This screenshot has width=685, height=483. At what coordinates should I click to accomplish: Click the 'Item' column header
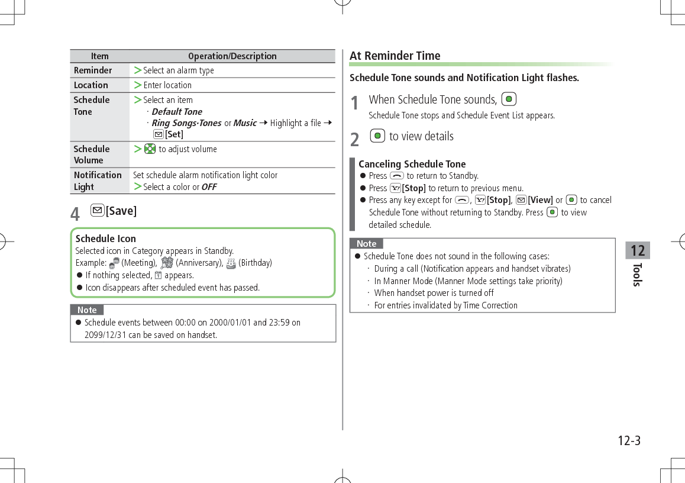tap(99, 56)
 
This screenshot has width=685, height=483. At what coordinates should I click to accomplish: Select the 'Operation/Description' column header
tap(232, 56)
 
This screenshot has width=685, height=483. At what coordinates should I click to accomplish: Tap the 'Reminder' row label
tap(93, 70)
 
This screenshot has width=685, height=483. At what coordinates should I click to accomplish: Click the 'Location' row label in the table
tap(91, 85)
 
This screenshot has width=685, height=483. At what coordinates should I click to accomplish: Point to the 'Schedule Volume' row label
tap(92, 154)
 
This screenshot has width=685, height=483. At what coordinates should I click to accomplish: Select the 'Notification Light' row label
tap(98, 181)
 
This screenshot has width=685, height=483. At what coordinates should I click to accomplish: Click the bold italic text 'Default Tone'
tap(176, 111)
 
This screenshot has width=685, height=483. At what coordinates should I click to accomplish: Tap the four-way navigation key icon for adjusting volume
tap(150, 149)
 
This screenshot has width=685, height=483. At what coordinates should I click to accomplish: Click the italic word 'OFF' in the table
tap(209, 187)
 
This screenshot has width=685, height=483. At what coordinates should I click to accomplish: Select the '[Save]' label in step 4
tap(121, 211)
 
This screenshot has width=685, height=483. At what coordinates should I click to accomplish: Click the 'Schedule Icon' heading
tap(106, 239)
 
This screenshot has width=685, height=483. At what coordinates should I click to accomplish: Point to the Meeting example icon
tap(115, 263)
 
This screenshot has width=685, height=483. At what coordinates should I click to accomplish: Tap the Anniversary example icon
tap(167, 263)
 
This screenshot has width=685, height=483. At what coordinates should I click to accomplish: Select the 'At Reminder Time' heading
tap(395, 56)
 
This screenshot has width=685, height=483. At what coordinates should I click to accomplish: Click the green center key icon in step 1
tap(509, 99)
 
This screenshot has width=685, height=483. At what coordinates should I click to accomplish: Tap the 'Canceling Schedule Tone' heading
tap(412, 164)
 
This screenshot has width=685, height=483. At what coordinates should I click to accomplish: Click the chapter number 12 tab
tap(638, 250)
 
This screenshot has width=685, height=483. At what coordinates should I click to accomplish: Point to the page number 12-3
tap(629, 441)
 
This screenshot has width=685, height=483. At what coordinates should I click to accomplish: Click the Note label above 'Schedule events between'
tap(87, 310)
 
